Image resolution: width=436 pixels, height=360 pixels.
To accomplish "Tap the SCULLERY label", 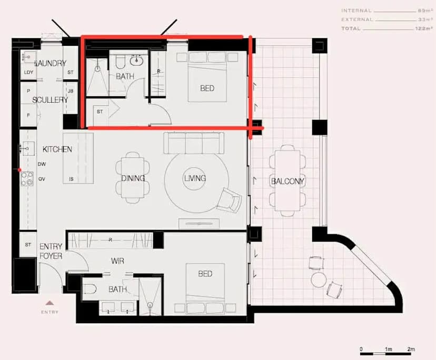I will coord(50,99).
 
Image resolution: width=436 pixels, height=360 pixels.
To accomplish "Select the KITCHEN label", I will coord(57,149).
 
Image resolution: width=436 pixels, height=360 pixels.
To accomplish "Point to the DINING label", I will coord(133,178).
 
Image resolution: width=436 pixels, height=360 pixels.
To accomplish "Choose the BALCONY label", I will coord(288,182).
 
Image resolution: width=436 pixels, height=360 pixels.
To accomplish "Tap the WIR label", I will coord(117,261).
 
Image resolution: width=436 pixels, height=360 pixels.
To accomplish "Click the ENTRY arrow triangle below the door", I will coord(50,303).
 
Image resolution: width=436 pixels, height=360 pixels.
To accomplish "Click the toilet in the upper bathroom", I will coord(120,63).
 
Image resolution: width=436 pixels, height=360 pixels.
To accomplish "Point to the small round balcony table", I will coord(318,279).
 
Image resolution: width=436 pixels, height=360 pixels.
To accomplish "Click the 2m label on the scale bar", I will coord(411,349).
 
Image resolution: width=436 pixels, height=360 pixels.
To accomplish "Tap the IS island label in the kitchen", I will coord(71,179).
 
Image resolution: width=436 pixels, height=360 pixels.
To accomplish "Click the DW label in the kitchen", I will coord(42,164).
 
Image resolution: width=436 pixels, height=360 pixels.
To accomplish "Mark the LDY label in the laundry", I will coord(28,72).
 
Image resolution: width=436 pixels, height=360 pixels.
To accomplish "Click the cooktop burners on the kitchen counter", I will coord(26,179).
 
